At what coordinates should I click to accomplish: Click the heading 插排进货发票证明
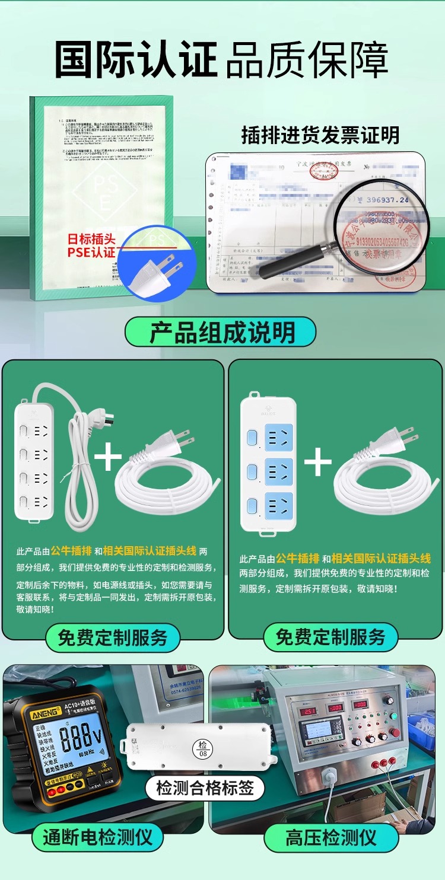320,135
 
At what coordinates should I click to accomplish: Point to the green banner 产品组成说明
220,332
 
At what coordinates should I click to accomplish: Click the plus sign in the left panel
107,458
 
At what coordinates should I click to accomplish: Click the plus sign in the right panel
318,462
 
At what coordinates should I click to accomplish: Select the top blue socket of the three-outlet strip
278,438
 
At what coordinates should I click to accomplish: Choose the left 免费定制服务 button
112,638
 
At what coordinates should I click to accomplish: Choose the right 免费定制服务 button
330,637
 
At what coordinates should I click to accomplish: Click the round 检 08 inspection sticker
204,749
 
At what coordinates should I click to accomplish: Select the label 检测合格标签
205,787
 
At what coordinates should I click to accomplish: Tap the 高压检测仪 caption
330,837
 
